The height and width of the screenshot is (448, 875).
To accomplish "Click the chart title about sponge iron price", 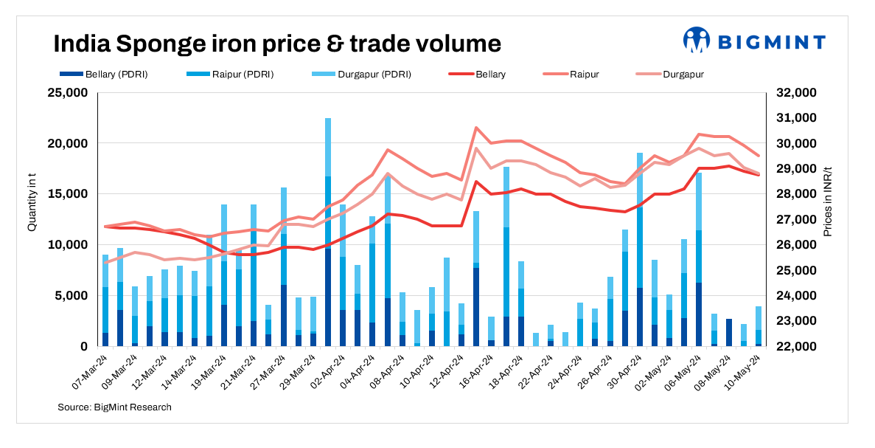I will click(276, 44).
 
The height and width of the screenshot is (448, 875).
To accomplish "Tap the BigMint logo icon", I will click(695, 41).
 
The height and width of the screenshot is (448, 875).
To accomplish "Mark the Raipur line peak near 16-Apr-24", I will click(476, 128).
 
